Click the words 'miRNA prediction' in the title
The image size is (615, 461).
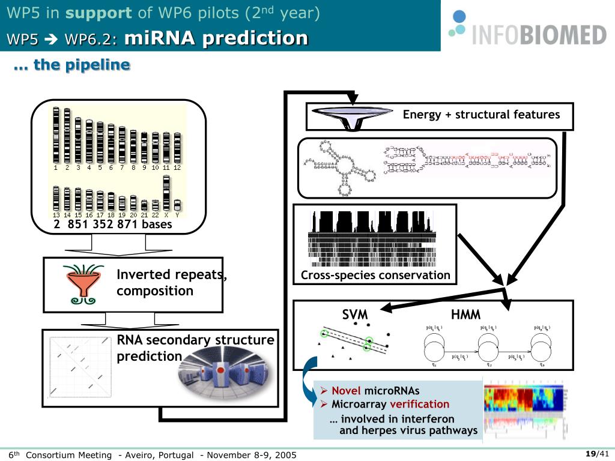(216, 38)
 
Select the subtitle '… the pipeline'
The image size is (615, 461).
(71, 65)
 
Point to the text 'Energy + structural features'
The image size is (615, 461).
(481, 115)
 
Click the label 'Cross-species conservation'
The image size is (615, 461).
(375, 276)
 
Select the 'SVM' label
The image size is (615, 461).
(355, 315)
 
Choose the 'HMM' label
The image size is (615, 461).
(465, 315)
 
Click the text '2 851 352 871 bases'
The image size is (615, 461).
(112, 224)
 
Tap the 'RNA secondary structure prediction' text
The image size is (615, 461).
(195, 348)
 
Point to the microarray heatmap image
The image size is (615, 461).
(525, 407)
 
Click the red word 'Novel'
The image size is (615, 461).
(346, 391)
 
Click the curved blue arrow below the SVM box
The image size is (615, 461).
(309, 378)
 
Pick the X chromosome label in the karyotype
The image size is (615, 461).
(166, 215)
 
